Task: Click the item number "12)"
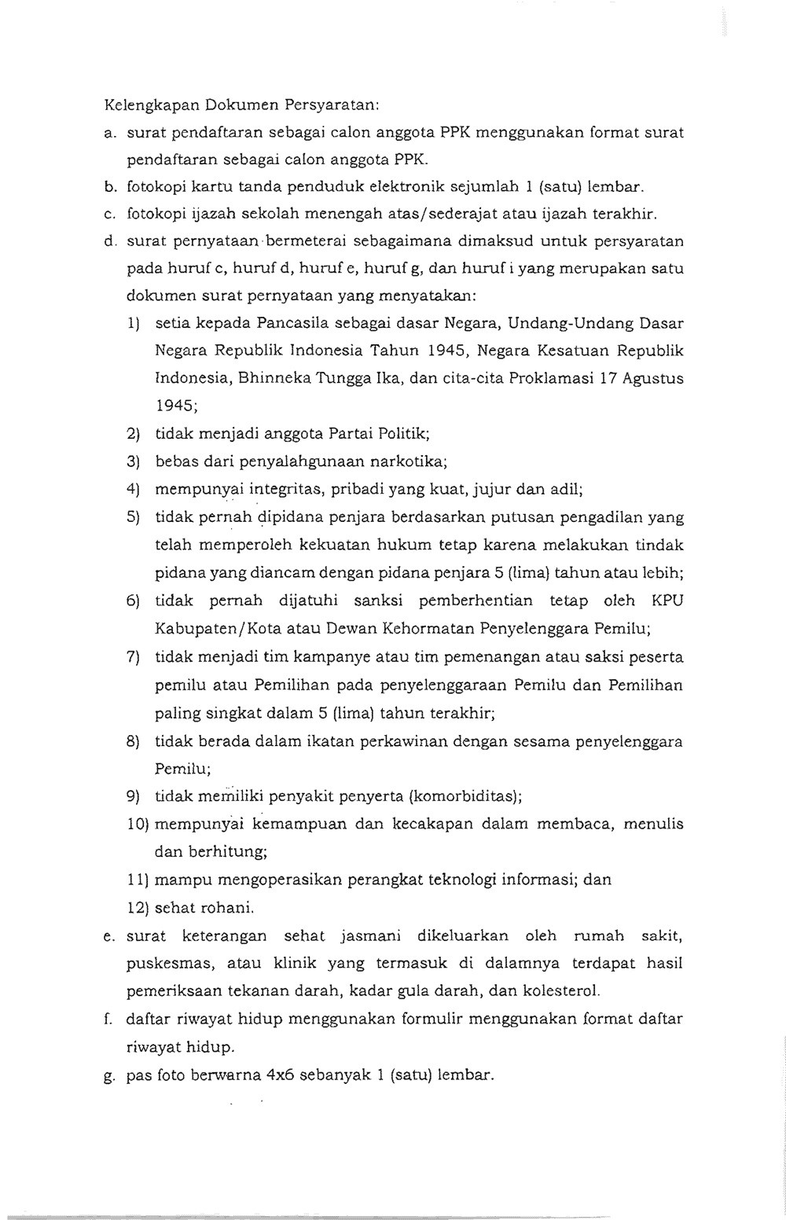[138, 908]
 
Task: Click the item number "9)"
[134, 797]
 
